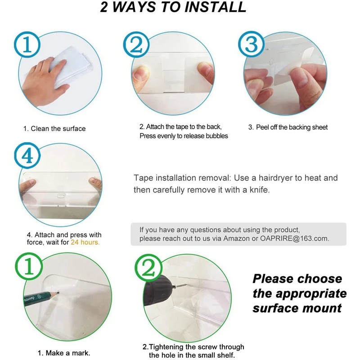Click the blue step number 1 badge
coord(27,45)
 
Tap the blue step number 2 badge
coord(136,45)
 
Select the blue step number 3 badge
coord(251,44)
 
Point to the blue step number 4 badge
coord(27,156)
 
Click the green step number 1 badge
coord(29,266)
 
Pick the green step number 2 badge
coord(148,268)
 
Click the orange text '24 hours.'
coord(85,242)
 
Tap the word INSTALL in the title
coord(216,7)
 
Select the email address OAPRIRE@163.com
coord(294,238)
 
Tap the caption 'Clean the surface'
coord(58,129)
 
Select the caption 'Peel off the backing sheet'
coord(292,127)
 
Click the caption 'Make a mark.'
coord(68,353)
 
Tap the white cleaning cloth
coord(69,67)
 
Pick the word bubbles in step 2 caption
coord(217,136)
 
